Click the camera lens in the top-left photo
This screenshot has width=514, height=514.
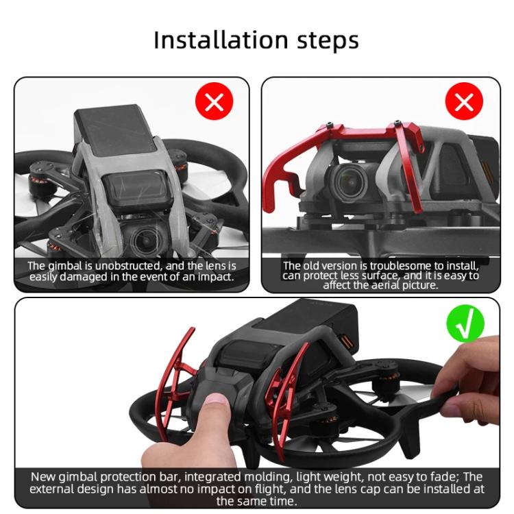click(x=145, y=240)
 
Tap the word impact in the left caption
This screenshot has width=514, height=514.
click(x=213, y=277)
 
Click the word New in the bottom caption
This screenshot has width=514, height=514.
click(x=45, y=477)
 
